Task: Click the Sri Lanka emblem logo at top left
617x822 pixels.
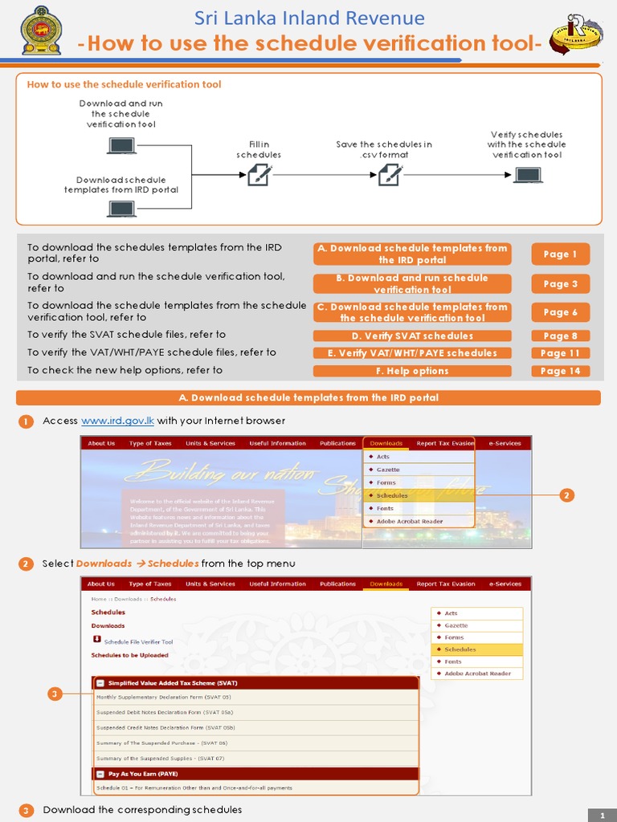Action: pyautogui.click(x=37, y=32)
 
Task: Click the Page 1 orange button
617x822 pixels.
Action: pyautogui.click(x=560, y=254)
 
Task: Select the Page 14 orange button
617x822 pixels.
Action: pyautogui.click(x=560, y=371)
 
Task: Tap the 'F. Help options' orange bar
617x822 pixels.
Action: pyautogui.click(x=412, y=371)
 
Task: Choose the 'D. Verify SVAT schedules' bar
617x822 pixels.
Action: pyautogui.click(x=412, y=336)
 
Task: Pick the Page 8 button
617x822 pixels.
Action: pyautogui.click(x=560, y=336)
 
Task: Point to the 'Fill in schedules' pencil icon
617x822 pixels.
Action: pyautogui.click(x=259, y=173)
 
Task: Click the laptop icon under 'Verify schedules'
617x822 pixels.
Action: pyautogui.click(x=527, y=173)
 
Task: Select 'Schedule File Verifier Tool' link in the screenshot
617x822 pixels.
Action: pyautogui.click(x=138, y=642)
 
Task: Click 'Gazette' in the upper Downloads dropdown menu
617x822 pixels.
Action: pyautogui.click(x=388, y=470)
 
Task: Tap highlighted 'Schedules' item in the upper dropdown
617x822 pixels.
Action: pyautogui.click(x=392, y=495)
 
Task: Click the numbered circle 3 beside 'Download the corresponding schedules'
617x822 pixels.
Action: pyautogui.click(x=27, y=810)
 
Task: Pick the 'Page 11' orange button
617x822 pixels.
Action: pyautogui.click(x=560, y=353)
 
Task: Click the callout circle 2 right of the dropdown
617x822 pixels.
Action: pyautogui.click(x=566, y=495)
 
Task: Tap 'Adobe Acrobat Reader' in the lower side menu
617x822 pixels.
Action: pyautogui.click(x=477, y=673)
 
